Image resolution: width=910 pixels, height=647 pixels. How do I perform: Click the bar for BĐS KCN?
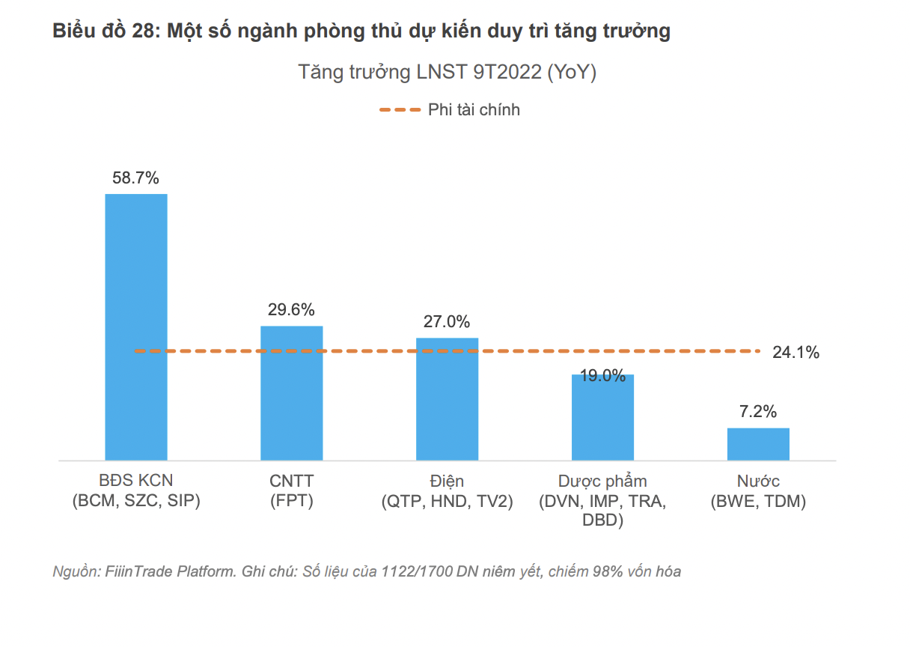(x=135, y=326)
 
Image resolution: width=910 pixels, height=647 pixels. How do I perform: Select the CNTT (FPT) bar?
(x=291, y=392)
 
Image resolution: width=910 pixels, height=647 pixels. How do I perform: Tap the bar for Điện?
(x=447, y=398)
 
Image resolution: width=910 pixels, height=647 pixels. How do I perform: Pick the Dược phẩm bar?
(x=602, y=417)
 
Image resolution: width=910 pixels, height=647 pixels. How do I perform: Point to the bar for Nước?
(x=758, y=443)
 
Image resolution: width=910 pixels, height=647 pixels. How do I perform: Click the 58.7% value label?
(x=135, y=178)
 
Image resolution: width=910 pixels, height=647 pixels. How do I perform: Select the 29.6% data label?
(x=291, y=310)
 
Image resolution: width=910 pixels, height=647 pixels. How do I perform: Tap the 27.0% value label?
(x=447, y=322)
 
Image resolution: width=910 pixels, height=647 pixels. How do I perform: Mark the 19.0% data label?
(x=602, y=376)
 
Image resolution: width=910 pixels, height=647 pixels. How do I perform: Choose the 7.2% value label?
(x=758, y=411)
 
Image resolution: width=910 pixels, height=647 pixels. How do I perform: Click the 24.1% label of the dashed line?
(x=796, y=352)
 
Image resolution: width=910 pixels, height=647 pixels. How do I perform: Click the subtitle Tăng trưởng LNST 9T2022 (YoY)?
(x=447, y=73)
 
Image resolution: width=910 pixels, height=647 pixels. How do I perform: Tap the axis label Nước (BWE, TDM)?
(x=758, y=491)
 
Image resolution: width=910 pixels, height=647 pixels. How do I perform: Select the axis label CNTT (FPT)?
(x=291, y=491)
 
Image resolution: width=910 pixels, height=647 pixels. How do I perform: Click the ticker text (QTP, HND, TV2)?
(x=447, y=502)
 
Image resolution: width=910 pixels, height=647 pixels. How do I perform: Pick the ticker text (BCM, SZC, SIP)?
(x=135, y=502)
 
